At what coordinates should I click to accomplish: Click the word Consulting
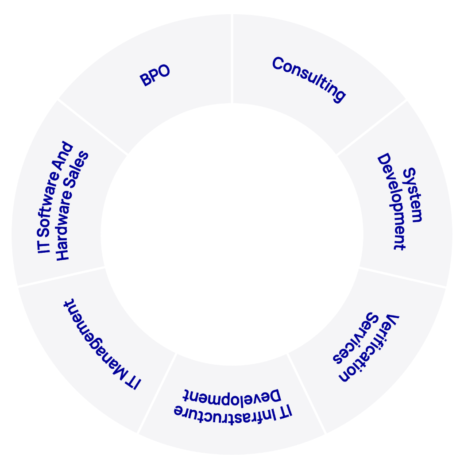pyautogui.click(x=308, y=79)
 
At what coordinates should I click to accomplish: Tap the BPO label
pyautogui.click(x=155, y=77)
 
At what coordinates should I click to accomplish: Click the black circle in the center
pyautogui.click(x=232, y=235)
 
